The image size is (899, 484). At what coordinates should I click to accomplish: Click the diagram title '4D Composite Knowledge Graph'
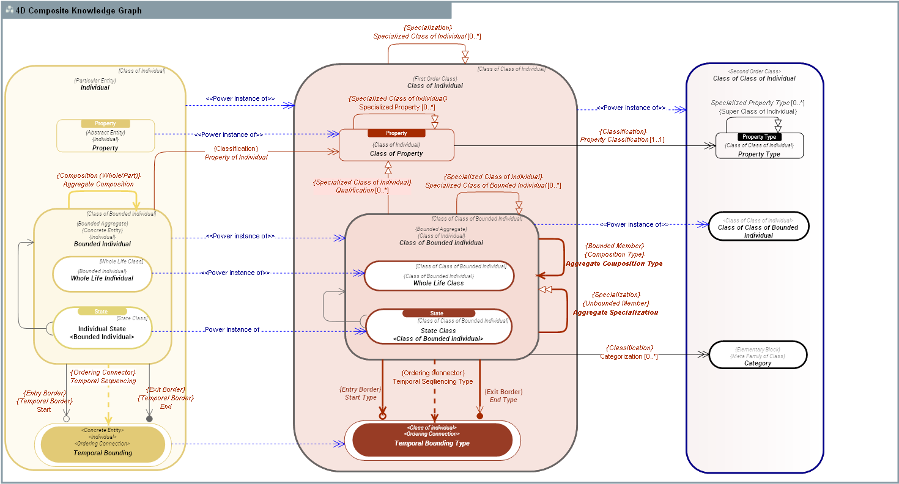click(79, 10)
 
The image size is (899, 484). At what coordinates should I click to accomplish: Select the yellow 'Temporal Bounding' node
click(103, 445)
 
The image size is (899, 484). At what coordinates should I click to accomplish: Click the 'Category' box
click(758, 355)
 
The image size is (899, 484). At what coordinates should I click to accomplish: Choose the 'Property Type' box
click(759, 149)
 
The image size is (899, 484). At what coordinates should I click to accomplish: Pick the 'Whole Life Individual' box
click(102, 274)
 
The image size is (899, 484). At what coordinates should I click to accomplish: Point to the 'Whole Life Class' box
click(438, 276)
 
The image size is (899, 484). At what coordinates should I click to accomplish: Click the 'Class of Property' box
click(396, 148)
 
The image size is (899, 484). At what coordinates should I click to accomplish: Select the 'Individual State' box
click(102, 329)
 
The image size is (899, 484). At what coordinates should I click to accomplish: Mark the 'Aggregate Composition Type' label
click(613, 264)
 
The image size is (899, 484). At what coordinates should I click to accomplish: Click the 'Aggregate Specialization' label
click(615, 312)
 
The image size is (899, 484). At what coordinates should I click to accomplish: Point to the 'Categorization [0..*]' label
click(629, 356)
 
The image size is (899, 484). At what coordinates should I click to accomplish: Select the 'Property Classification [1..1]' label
click(622, 139)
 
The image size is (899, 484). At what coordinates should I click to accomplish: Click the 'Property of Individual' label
click(236, 157)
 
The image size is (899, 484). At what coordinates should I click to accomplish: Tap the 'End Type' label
click(503, 400)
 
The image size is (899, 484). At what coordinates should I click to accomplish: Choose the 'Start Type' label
click(360, 397)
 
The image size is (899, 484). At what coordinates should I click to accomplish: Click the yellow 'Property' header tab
click(105, 123)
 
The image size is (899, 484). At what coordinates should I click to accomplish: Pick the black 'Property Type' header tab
click(759, 137)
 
